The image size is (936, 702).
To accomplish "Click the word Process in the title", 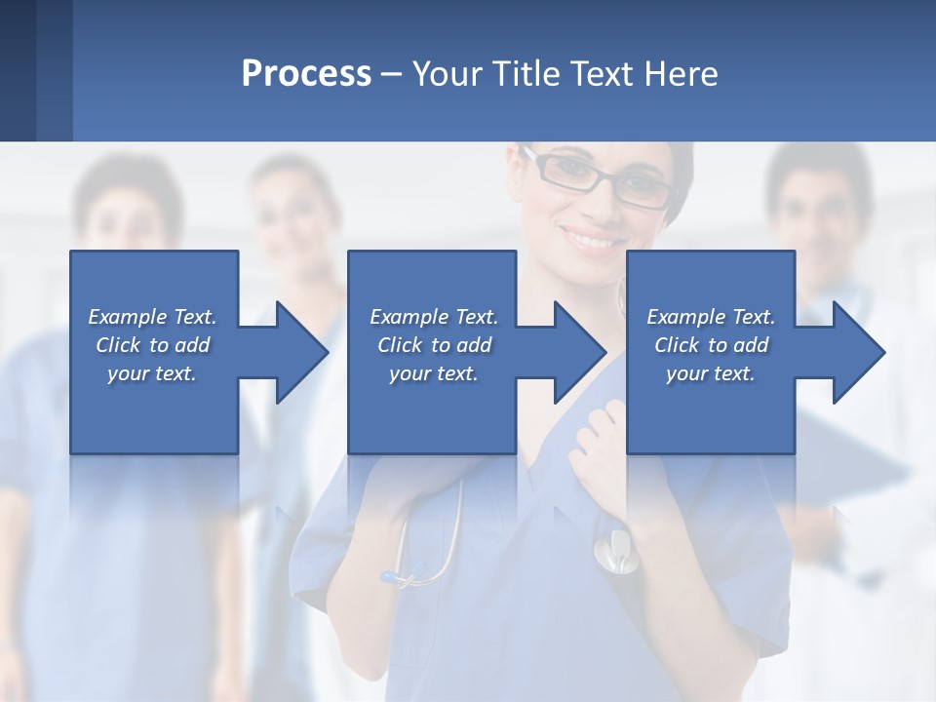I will [306, 74].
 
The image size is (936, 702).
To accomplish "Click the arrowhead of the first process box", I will [297, 352].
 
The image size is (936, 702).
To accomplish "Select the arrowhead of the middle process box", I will [576, 352].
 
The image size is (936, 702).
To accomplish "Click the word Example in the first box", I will [128, 317].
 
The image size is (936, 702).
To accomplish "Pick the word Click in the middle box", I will [399, 345].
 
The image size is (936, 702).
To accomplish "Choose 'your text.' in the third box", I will [711, 373].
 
